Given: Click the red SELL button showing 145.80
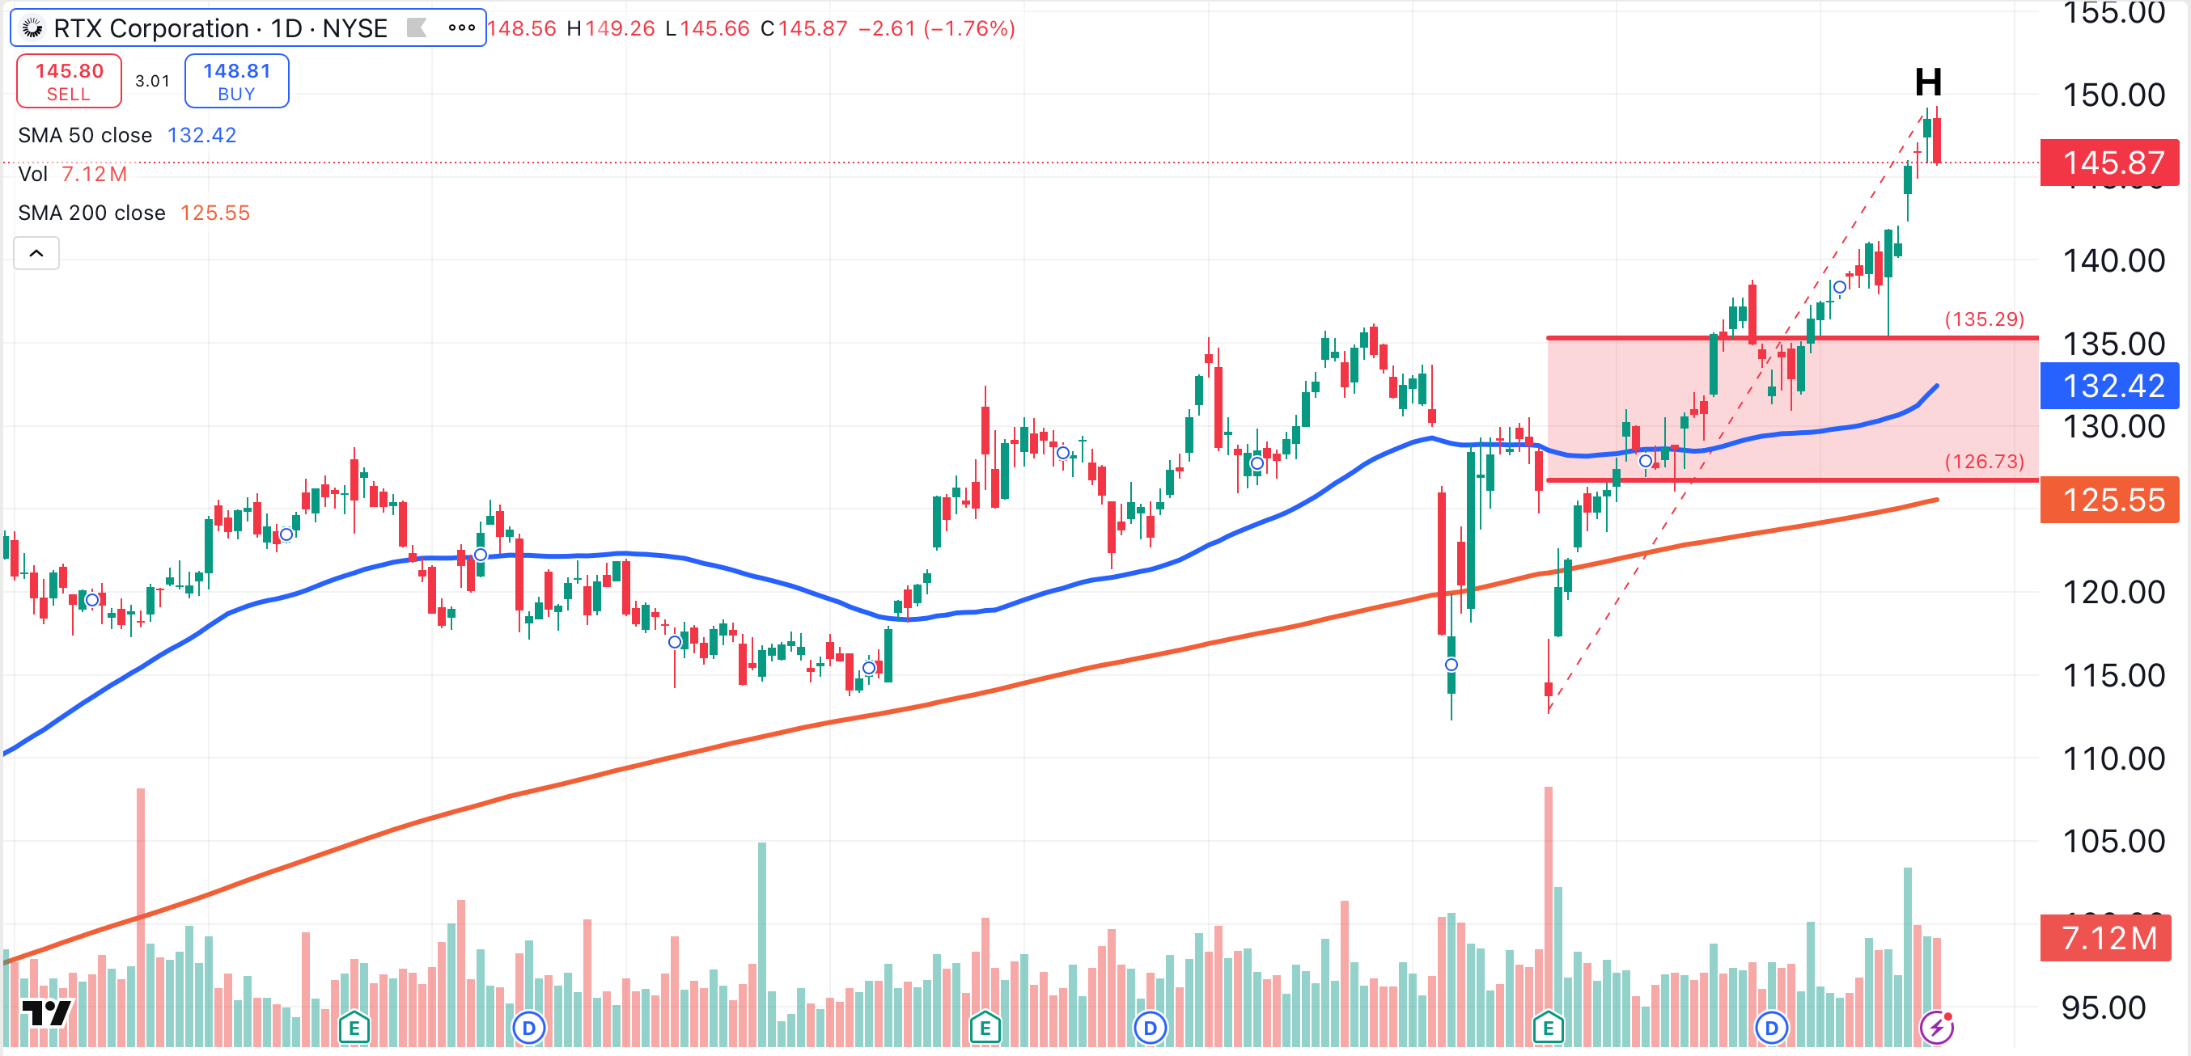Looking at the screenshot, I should pos(69,81).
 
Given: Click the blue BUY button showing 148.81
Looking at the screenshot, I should pos(236,81).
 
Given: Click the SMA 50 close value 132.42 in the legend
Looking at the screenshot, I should pos(201,135).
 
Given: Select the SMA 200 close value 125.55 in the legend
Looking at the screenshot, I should pos(214,213).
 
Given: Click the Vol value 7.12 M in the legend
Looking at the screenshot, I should pos(94,175).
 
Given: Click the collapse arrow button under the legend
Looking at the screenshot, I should pos(36,253).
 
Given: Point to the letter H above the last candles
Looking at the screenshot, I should pos(1927,82).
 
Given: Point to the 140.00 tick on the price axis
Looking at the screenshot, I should pos(2113,261).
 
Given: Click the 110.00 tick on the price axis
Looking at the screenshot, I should pos(2113,758).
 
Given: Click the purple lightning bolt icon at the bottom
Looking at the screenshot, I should pos(1936,1027).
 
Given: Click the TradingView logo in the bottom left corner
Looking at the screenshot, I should pos(46,1012).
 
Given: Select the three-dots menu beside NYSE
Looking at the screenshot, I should pos(461,28).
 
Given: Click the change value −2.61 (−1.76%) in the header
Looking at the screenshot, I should pos(935,29).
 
